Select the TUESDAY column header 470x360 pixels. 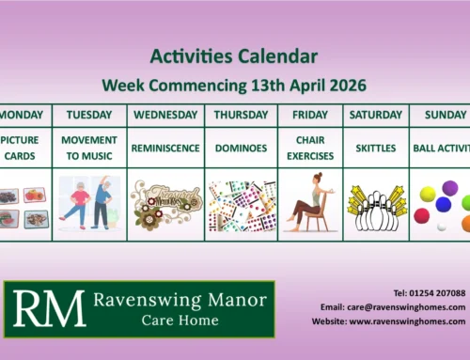coord(89,115)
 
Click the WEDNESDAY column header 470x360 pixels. coord(165,115)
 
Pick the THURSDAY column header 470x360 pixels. coord(241,115)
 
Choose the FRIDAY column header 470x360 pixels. coord(310,115)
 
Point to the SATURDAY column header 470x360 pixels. coord(376,115)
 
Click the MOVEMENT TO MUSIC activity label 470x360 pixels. coord(89,149)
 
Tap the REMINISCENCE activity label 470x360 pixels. coord(165,149)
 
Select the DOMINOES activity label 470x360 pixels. coord(241,149)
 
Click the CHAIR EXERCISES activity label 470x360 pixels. coord(310,149)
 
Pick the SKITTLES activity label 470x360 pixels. coord(376,149)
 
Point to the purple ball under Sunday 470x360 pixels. coord(444,203)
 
